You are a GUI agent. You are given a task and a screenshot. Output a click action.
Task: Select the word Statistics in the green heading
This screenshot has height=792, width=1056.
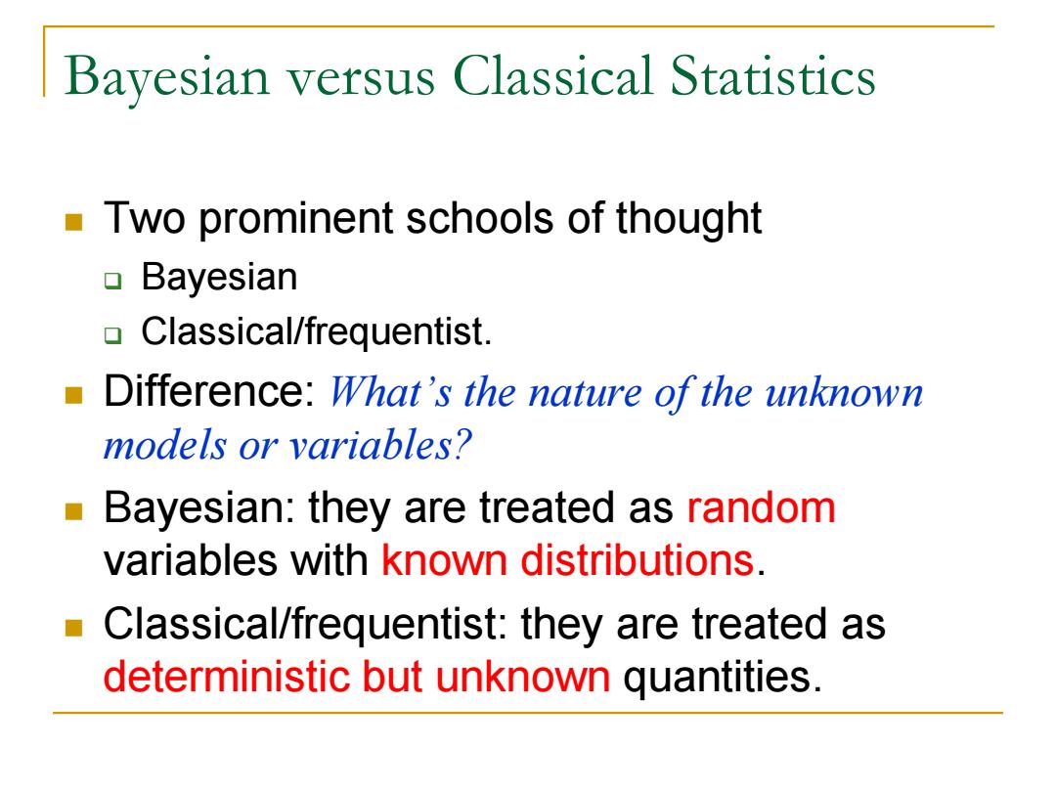pos(772,75)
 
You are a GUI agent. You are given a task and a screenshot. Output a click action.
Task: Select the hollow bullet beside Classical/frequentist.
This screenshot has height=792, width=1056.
pos(113,334)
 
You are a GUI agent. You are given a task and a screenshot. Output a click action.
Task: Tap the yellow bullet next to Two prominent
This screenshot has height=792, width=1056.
pos(73,222)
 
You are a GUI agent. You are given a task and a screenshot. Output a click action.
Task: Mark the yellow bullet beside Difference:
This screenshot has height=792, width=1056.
pos(73,395)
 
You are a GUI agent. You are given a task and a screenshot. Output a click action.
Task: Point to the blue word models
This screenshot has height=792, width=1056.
pos(164,445)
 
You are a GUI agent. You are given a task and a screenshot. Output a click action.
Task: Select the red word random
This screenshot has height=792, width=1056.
pos(761,507)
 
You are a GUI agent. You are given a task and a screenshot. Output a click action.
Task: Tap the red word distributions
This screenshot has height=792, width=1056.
pos(638,559)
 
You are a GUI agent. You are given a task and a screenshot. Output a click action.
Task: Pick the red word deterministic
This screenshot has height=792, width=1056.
pos(227,676)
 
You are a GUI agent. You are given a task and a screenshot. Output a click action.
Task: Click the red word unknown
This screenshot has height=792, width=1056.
pos(522,676)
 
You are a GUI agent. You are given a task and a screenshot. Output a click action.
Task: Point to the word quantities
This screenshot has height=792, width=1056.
pos(723,677)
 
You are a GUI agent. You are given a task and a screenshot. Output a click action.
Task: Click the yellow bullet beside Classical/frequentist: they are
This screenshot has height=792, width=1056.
pos(73,628)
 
